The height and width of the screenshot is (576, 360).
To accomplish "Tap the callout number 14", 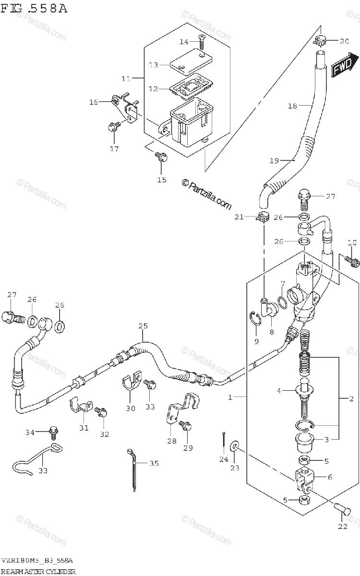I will pyautogui.click(x=184, y=42).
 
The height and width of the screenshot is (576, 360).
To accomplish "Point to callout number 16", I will pyautogui.click(x=93, y=102).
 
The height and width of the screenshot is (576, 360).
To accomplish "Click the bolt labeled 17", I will pyautogui.click(x=114, y=127).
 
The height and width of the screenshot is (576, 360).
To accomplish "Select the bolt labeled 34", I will pyautogui.click(x=53, y=432).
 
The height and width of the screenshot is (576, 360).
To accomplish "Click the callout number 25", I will pyautogui.click(x=143, y=326).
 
